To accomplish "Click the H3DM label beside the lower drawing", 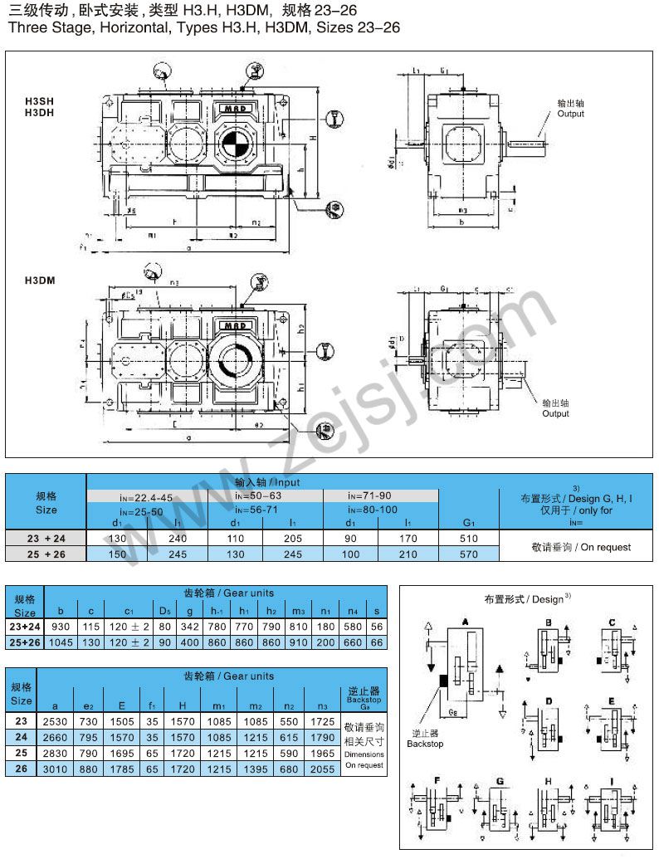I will [x=40, y=281].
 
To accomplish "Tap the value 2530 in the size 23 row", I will [x=61, y=721].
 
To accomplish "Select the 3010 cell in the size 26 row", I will [x=61, y=769].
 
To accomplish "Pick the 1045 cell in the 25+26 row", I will [x=61, y=642].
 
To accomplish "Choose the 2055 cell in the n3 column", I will [x=323, y=769].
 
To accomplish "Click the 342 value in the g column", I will [x=190, y=627].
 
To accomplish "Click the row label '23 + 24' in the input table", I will [x=46, y=539].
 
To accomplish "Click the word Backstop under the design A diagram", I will [x=425, y=744].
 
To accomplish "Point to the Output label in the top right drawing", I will [x=570, y=114].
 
